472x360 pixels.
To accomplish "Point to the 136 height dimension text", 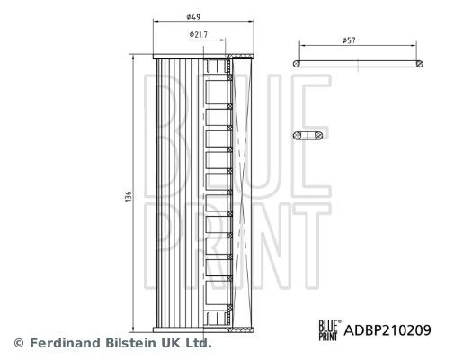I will point(129,195).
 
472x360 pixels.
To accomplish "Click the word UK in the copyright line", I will point(170,343).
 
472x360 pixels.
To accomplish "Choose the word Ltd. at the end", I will point(197,343).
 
